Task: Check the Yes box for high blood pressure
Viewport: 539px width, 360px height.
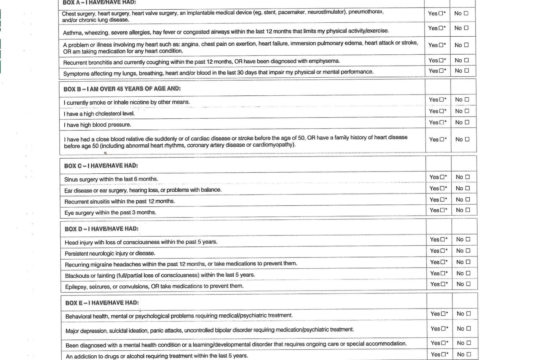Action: pyautogui.click(x=442, y=122)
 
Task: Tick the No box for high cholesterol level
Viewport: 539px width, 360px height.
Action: pyautogui.click(x=467, y=111)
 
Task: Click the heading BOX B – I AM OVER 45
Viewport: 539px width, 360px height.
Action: pyautogui.click(x=122, y=88)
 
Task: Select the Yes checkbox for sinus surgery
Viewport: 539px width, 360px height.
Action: pyautogui.click(x=442, y=177)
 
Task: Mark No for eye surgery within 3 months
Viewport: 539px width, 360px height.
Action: pyautogui.click(x=467, y=210)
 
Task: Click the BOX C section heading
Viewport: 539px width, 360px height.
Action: pyautogui.click(x=101, y=166)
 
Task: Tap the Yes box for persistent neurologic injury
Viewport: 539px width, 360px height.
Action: pyautogui.click(x=443, y=251)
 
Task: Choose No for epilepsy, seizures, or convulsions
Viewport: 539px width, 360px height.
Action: pyautogui.click(x=468, y=284)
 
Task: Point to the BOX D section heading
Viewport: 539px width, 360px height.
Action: pyautogui.click(x=101, y=229)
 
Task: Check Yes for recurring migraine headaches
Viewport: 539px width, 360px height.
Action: pyautogui.click(x=443, y=262)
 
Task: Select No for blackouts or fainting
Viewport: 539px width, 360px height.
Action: pyautogui.click(x=468, y=273)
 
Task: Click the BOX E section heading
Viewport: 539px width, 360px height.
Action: pyautogui.click(x=102, y=303)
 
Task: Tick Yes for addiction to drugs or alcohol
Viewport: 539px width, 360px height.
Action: pyautogui.click(x=443, y=355)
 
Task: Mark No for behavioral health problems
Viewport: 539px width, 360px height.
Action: pyautogui.click(x=468, y=314)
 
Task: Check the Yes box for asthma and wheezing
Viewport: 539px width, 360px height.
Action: pyautogui.click(x=441, y=28)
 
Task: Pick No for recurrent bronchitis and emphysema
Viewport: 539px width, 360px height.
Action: pyautogui.click(x=466, y=60)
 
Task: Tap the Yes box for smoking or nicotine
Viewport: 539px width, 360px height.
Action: pyautogui.click(x=442, y=100)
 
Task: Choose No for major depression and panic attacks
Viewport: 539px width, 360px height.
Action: pyautogui.click(x=468, y=329)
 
